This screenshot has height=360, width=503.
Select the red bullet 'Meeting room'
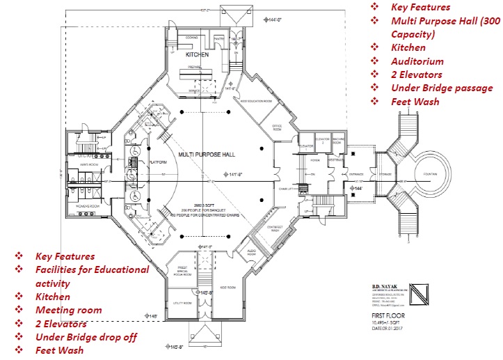pos(68,310)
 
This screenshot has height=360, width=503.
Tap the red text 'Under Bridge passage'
pos(441,88)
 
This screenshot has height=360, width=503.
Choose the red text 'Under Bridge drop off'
pos(85,337)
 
